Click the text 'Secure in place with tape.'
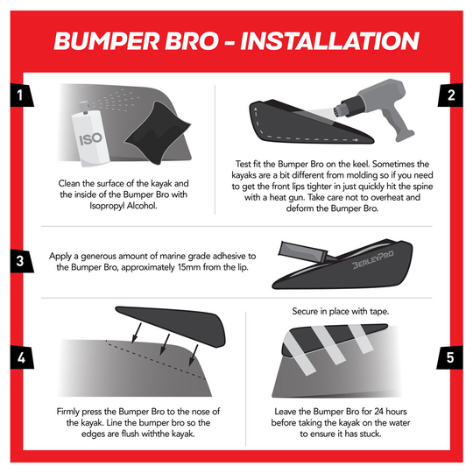point(341,312)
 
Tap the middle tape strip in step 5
point(329,348)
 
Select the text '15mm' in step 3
point(201,266)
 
